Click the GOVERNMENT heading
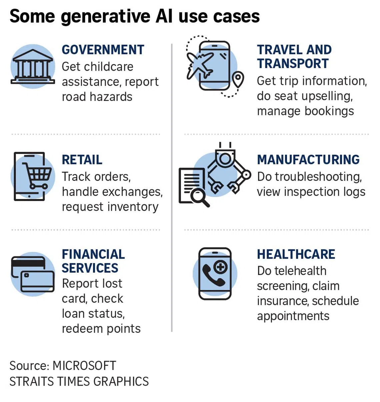pos(103,50)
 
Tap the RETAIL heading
pos(82,160)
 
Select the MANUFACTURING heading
pos(308,160)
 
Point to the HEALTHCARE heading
pos(296,254)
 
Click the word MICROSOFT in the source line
pos(84,366)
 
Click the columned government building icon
pos(33,67)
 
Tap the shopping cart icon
pos(37,175)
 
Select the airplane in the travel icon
pos(200,65)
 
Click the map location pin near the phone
pos(238,79)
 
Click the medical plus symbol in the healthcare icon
pos(221,267)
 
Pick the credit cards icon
pos(33,274)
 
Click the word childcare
pos(109,67)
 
